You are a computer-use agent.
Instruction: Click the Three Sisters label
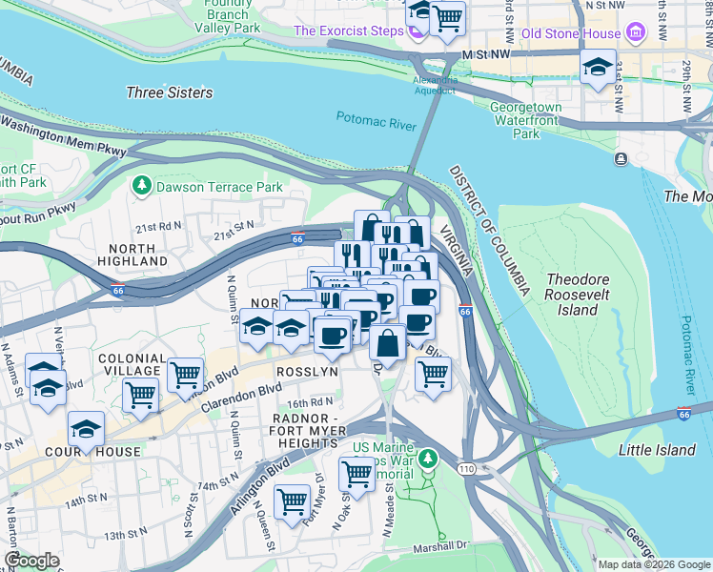[169, 92]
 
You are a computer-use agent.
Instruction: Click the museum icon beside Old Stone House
[636, 33]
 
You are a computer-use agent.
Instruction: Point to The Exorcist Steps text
[348, 31]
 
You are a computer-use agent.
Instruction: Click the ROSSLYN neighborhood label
[307, 372]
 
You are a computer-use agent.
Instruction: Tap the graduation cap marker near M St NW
[598, 68]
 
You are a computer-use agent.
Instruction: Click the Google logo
[31, 561]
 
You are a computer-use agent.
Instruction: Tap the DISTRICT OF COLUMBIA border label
[491, 228]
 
